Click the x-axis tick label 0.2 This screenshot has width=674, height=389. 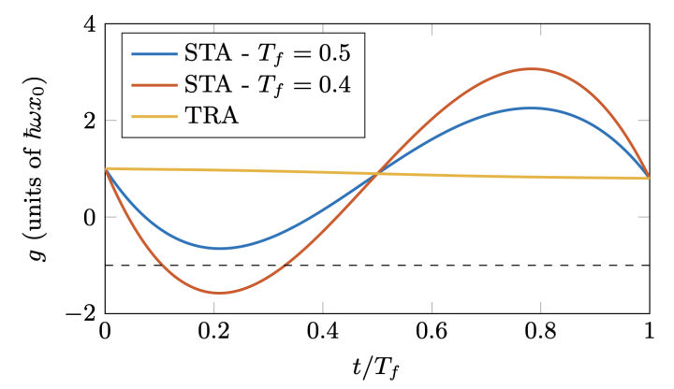212,333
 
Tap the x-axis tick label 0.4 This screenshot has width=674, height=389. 322,333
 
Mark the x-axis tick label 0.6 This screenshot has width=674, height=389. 431,333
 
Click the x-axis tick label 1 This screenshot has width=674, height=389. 649,333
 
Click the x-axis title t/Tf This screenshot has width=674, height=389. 376,367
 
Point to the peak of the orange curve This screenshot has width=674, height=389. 531,68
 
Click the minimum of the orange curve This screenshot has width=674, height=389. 220,294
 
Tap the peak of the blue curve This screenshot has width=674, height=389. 531,108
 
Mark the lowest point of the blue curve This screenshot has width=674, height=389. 220,248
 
